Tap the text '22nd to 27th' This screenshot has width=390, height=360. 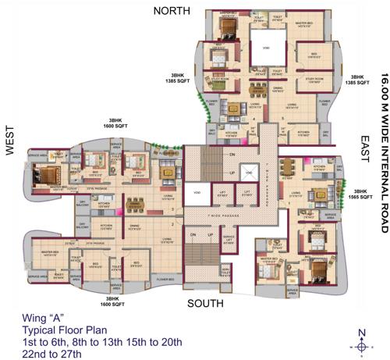click(x=48, y=353)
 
